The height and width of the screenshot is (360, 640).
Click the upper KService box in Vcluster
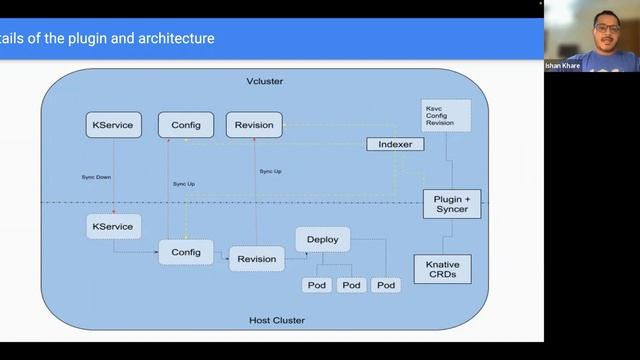point(114,125)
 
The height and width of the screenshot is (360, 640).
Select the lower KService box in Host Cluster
point(112,227)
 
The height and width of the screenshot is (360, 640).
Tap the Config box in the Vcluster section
point(186,125)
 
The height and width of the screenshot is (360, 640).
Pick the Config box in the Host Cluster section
point(186,252)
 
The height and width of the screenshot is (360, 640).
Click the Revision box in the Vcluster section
point(254,125)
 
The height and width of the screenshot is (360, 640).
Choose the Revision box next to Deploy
point(256,259)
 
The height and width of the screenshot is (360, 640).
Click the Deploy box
point(322,239)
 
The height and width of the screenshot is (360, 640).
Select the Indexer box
point(395,144)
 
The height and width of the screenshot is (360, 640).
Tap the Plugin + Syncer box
point(452,204)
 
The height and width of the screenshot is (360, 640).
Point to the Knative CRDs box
point(443,268)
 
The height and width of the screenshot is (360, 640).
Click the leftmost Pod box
point(317,285)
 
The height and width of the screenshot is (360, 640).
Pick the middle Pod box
point(351,285)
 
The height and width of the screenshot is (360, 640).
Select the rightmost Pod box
point(386,285)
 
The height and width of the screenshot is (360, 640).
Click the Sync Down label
point(97,177)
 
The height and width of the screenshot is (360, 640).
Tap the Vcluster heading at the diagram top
point(265,79)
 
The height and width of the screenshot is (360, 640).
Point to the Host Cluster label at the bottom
point(276,320)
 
